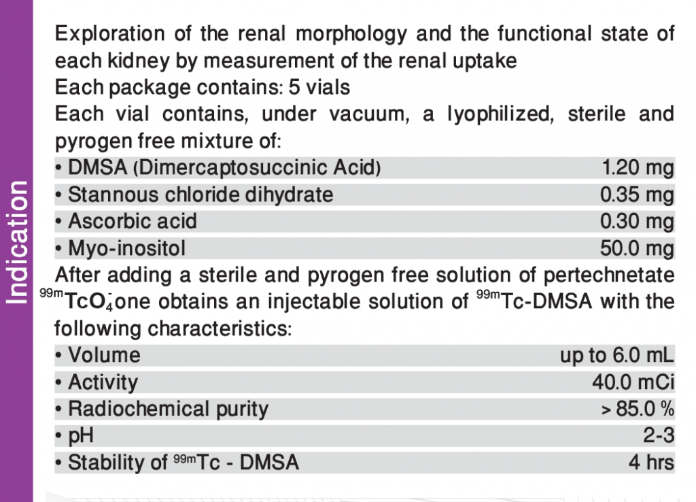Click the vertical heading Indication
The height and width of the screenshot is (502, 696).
(17, 241)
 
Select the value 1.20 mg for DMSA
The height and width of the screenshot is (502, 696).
(637, 167)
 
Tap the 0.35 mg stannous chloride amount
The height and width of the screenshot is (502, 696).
(637, 195)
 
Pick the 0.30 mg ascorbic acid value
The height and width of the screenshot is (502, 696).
(637, 221)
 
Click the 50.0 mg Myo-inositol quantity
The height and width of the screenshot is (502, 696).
(637, 248)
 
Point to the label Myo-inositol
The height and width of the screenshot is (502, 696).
(126, 248)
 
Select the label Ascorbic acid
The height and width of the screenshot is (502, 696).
(133, 221)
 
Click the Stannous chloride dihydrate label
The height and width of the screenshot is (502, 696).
(201, 195)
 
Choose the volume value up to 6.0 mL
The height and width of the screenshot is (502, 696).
(616, 355)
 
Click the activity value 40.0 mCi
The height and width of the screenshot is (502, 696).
(633, 382)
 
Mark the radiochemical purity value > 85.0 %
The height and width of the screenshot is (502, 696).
(636, 409)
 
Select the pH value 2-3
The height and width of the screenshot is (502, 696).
(659, 436)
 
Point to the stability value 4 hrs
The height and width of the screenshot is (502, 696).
(651, 463)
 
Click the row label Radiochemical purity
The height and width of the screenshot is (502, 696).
(168, 409)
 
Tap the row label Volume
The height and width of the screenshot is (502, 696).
(104, 355)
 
